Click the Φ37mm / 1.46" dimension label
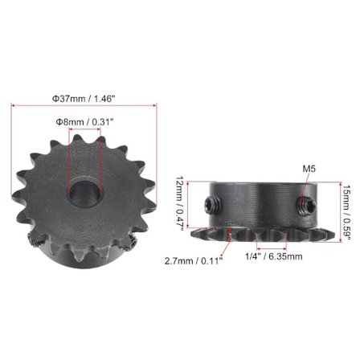tap(84, 97)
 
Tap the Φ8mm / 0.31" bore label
tap(84, 121)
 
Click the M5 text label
tap(310, 170)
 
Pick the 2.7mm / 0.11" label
tap(194, 260)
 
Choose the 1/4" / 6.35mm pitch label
tap(273, 256)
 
